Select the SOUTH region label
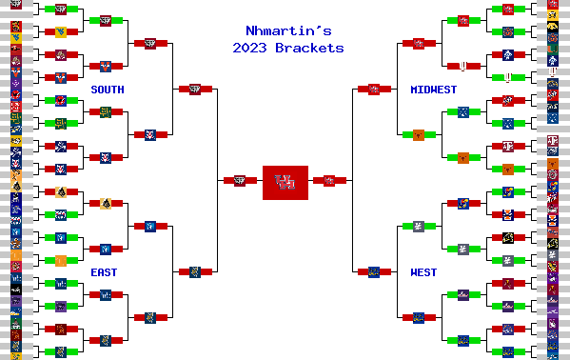point(108,90)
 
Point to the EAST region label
point(105,272)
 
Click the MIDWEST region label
point(433,90)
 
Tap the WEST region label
point(423,272)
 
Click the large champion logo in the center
point(285,182)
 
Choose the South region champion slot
point(195,89)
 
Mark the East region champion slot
point(195,271)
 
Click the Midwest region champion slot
point(374,89)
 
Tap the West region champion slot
point(374,271)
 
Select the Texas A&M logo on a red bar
point(508,146)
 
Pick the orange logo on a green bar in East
point(61,260)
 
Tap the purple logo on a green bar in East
point(61,306)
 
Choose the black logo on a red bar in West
point(508,237)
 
